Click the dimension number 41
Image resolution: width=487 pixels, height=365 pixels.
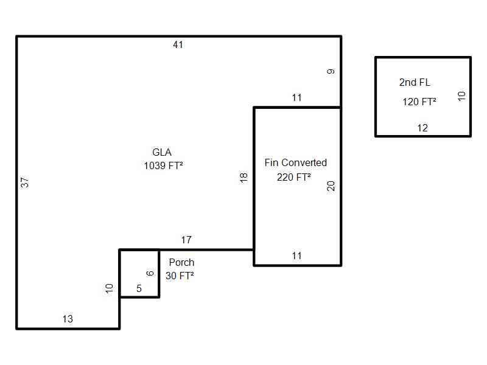[x=178, y=44]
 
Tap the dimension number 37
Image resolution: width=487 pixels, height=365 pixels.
[x=25, y=182]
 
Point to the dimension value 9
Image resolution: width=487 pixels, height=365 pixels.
[x=331, y=72]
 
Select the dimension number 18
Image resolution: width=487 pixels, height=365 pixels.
[x=244, y=178]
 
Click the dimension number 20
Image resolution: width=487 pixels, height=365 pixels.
[x=331, y=186]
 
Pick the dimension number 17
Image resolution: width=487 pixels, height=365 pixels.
[x=186, y=240]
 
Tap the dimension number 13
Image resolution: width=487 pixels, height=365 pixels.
[x=68, y=319]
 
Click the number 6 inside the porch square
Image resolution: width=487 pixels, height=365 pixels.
[x=150, y=273]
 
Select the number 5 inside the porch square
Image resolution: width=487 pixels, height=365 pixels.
[x=139, y=288]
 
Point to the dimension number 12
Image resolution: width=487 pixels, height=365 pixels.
[x=422, y=128]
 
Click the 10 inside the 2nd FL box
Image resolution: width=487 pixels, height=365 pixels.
[x=461, y=96]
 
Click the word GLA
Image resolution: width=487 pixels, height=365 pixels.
[x=162, y=152]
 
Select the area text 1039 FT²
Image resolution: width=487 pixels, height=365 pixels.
[x=163, y=165]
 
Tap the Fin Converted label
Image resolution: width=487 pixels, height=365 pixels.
[x=296, y=162]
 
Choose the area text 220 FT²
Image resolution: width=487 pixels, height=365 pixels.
[x=294, y=177]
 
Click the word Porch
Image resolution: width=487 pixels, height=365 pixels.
[x=181, y=262]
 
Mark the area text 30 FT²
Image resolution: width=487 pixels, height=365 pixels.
[x=180, y=276]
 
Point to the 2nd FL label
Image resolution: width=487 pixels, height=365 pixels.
[x=415, y=82]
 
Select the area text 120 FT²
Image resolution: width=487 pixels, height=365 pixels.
[x=419, y=102]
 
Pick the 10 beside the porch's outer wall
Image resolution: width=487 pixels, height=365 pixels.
[x=110, y=288]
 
